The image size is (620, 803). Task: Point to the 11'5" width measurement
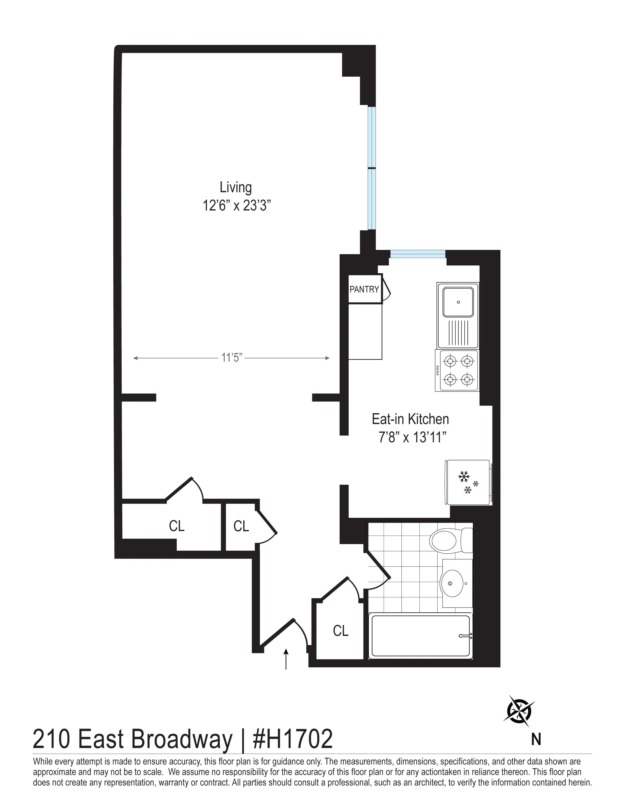click(231, 358)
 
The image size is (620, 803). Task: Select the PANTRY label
click(364, 289)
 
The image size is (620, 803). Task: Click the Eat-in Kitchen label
click(410, 419)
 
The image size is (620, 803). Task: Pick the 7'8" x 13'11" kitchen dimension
click(412, 438)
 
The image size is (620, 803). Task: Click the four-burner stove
click(457, 371)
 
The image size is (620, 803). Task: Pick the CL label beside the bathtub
click(340, 631)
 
